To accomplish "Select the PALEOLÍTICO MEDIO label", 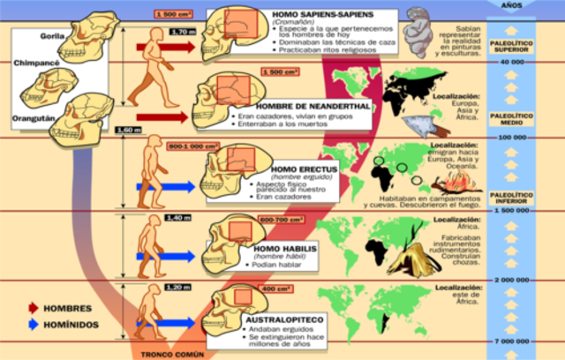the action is [511, 116].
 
